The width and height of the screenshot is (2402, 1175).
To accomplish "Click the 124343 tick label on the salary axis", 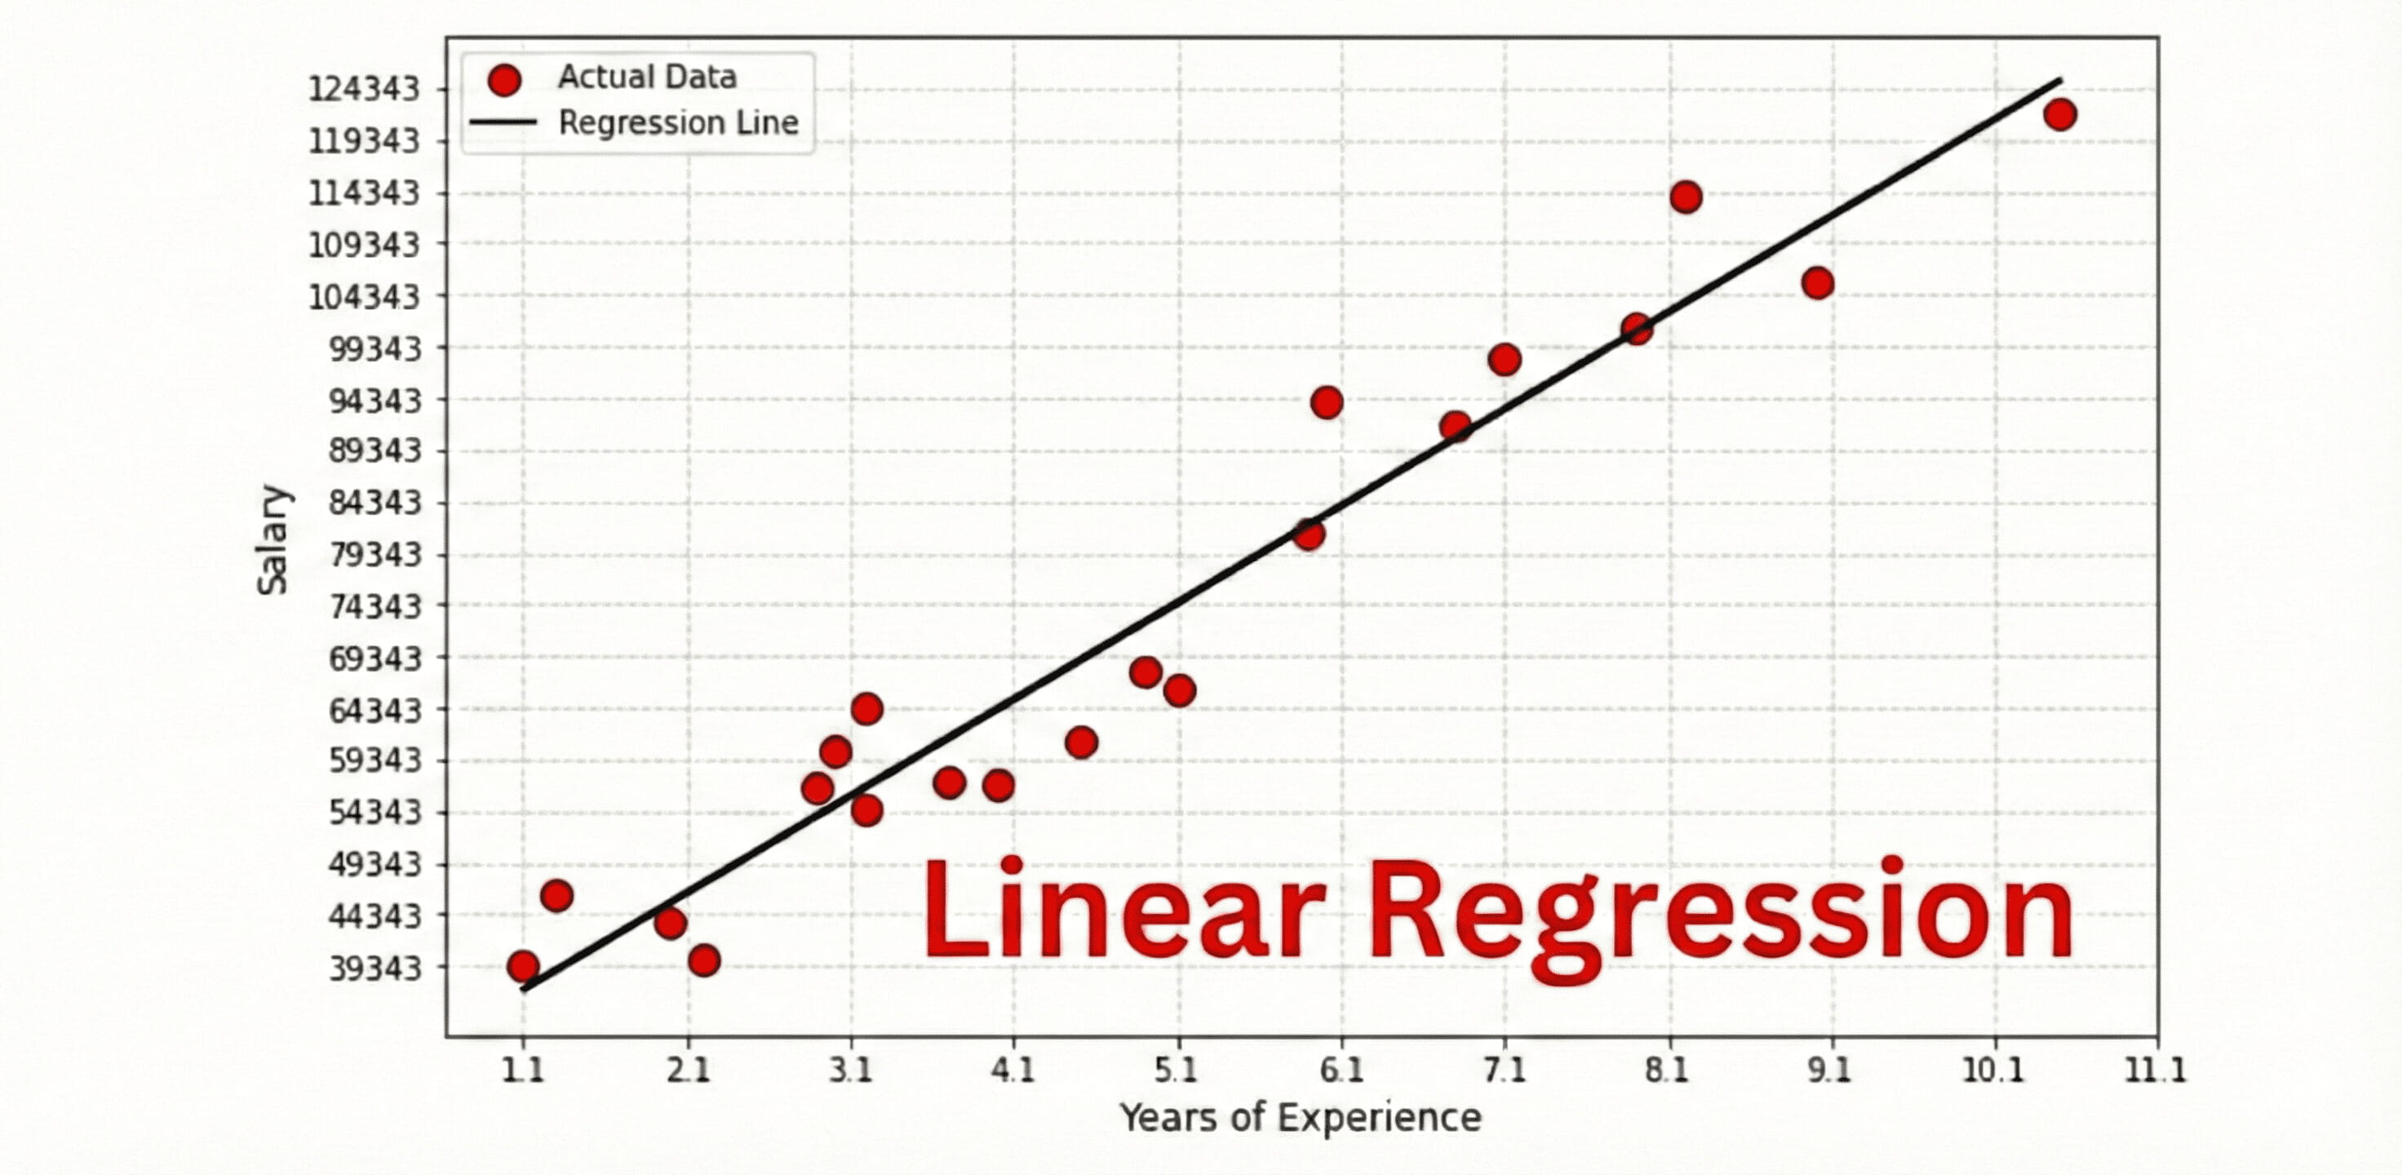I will coord(364,90).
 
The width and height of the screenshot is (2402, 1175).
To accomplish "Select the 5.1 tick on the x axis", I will coord(1177,1070).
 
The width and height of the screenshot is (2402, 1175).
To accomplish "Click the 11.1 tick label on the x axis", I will coord(2155,1070).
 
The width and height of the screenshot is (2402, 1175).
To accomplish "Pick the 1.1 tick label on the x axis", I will coord(523,1070).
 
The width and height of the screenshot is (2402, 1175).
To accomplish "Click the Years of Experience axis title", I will coord(1300,1117).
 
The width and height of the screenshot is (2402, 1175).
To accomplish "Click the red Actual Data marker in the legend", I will coord(503,80).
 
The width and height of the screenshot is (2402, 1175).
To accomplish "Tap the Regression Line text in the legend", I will coord(678,123).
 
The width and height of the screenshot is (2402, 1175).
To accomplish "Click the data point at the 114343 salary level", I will coord(1686,197).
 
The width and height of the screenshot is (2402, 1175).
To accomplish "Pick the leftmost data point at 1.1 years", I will coord(523,966).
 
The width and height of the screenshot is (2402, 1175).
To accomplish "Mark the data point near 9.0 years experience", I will coord(1817,282).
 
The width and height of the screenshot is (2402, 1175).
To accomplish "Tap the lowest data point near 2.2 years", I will coord(704,960).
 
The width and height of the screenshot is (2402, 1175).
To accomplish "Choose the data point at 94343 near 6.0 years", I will coord(1326,403).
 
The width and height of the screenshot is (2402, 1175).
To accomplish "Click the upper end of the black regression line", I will coord(2059,80).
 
